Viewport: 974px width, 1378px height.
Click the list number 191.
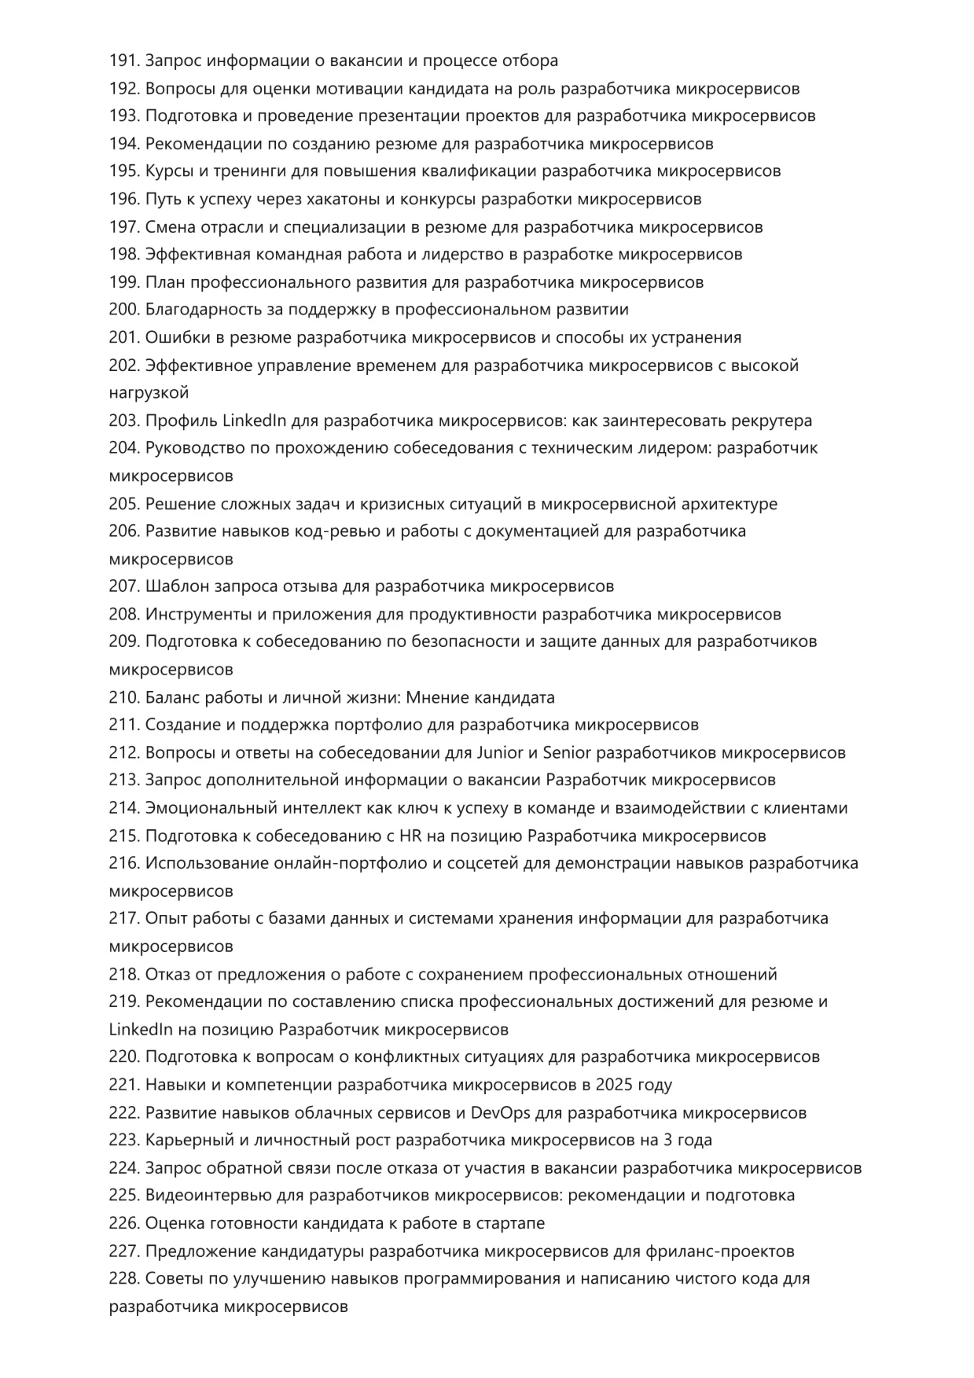124,61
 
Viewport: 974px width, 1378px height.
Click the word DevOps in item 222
500,1112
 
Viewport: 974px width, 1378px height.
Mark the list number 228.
124,1278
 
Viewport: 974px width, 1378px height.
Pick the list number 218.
124,974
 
